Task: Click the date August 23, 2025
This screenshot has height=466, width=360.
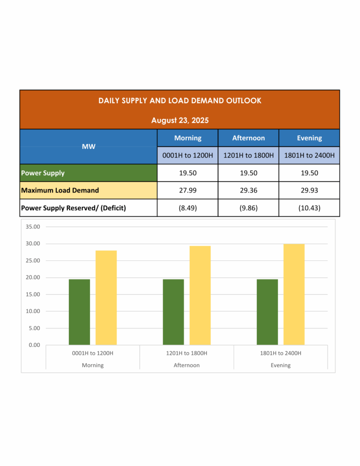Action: [x=180, y=121]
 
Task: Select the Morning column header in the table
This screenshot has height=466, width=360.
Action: [x=188, y=138]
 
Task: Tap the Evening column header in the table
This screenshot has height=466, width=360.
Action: [x=309, y=138]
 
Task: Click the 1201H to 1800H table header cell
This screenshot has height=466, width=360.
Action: [x=248, y=156]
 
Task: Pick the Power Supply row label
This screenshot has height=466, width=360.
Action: [x=43, y=173]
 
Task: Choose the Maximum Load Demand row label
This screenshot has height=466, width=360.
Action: [x=60, y=190]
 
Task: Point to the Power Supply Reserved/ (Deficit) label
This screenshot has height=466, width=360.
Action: [x=73, y=208]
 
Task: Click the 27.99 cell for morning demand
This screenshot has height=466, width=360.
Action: [x=188, y=190]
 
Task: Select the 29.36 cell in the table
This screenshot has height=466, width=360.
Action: [x=248, y=190]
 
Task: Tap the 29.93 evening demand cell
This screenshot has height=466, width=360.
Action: [x=309, y=190]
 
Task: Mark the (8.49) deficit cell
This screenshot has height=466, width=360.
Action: [x=188, y=208]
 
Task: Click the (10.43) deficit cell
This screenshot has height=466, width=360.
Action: [x=309, y=208]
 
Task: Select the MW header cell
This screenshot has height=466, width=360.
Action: [x=88, y=147]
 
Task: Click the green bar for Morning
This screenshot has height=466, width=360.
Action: [x=79, y=312]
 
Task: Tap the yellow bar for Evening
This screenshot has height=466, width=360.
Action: [x=294, y=294]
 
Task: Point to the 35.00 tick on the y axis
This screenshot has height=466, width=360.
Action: [x=34, y=227]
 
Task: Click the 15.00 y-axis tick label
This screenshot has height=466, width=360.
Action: [x=34, y=294]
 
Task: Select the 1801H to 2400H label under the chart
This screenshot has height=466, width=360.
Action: [x=280, y=353]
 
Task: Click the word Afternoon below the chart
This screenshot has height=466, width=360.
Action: [x=187, y=365]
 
